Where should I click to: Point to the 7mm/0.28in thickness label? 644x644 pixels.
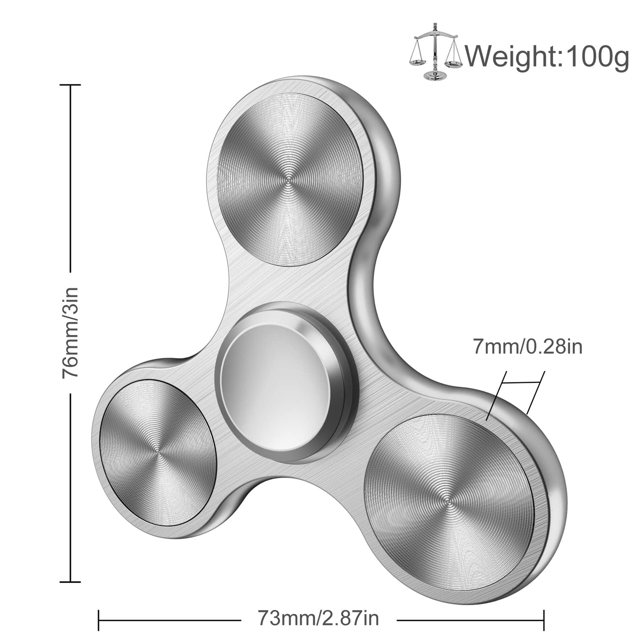coord(527,346)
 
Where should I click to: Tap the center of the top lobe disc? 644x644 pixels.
coord(288,181)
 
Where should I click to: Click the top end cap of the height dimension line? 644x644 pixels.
coord(70,85)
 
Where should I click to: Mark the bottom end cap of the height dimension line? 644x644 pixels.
coord(70,581)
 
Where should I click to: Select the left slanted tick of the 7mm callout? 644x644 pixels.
coord(497,395)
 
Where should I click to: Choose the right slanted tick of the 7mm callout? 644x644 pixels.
coord(536,392)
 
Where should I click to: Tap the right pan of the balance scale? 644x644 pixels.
coord(451,62)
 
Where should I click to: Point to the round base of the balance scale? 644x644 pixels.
coord(435,74)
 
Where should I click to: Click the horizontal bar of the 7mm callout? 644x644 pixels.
coord(522,382)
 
